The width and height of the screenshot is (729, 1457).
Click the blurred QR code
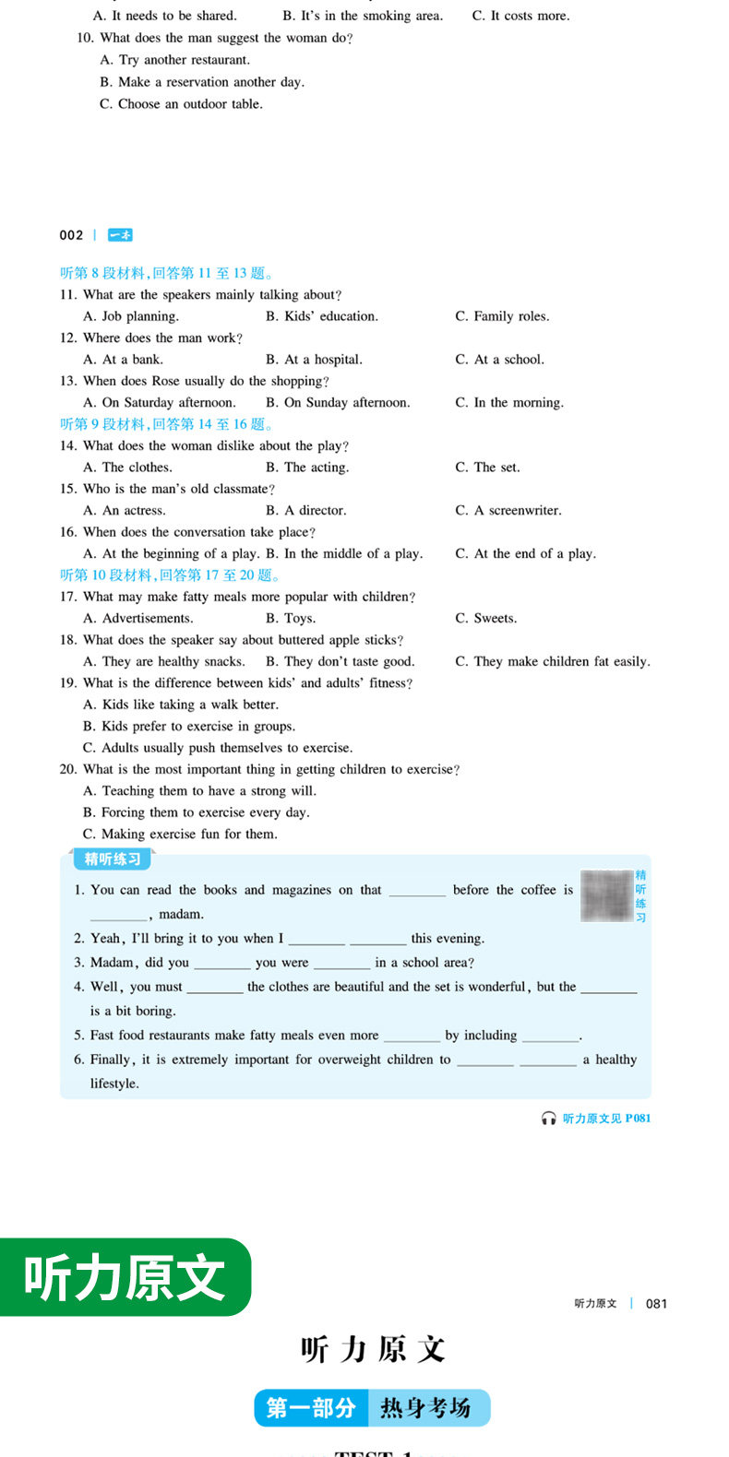pyautogui.click(x=606, y=894)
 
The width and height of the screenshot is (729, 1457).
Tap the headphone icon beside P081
pyautogui.click(x=549, y=1118)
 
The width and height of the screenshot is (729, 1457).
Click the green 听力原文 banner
pyautogui.click(x=125, y=1277)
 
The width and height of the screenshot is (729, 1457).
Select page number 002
pyautogui.click(x=71, y=235)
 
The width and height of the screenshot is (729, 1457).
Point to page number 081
pyautogui.click(x=656, y=1303)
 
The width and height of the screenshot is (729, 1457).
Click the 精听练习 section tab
pyautogui.click(x=113, y=859)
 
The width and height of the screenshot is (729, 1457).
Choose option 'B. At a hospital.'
pyautogui.click(x=314, y=360)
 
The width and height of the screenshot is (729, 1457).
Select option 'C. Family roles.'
pyautogui.click(x=502, y=316)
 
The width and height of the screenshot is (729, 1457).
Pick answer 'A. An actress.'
pyautogui.click(x=125, y=510)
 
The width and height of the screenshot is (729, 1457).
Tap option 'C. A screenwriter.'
pyautogui.click(x=508, y=510)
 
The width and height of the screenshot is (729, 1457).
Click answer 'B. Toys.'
pyautogui.click(x=291, y=618)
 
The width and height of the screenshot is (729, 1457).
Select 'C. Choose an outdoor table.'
pyautogui.click(x=181, y=104)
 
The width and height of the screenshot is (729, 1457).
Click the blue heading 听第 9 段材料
pyautogui.click(x=167, y=424)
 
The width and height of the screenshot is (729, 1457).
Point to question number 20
pyautogui.click(x=68, y=769)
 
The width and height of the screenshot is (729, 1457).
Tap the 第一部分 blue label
pyautogui.click(x=311, y=1408)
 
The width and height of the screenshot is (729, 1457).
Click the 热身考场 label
pyautogui.click(x=425, y=1408)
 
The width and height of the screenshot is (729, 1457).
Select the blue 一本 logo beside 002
pyautogui.click(x=120, y=235)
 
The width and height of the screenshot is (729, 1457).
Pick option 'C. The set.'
pyautogui.click(x=487, y=468)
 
